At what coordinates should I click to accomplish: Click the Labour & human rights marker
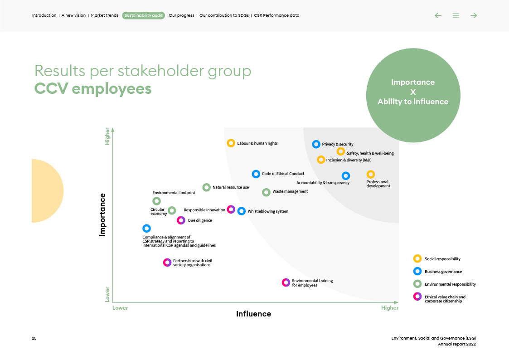pos(231,143)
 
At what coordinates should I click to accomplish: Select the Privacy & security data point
pos(316,144)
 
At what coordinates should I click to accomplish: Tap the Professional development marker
pos(370,175)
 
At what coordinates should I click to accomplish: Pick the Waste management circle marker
pos(266,192)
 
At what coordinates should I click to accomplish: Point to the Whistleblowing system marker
pos(242,211)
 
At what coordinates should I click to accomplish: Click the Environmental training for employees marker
pos(286,282)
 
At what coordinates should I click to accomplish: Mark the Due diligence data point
pos(181,220)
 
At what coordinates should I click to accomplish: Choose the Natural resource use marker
pos(206,187)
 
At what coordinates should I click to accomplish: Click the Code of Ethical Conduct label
pos(283,174)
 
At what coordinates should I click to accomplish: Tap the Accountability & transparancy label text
pos(323,183)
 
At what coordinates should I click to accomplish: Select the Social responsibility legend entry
pos(442,259)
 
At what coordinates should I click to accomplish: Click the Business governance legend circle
pos(417,272)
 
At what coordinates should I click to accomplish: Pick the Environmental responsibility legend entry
pos(450,284)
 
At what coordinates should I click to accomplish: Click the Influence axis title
pos(253,314)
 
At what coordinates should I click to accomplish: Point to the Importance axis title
pos(102,214)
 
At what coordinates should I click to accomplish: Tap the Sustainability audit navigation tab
pos(143,15)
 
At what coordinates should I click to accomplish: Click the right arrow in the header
pos(474,15)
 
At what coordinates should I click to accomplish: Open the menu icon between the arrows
pos(456,15)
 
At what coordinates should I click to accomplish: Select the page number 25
pos(34,339)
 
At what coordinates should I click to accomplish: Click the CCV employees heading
pos(93,89)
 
